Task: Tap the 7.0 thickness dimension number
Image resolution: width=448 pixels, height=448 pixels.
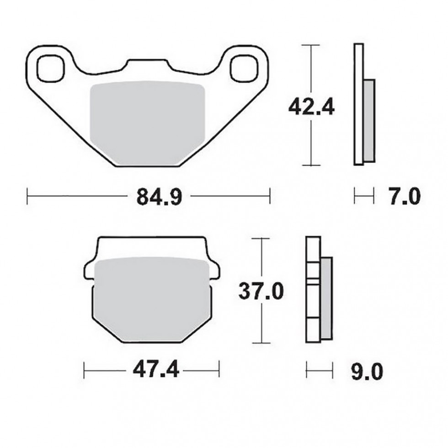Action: coord(403,197)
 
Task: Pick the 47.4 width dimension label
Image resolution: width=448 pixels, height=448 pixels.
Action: coord(152,369)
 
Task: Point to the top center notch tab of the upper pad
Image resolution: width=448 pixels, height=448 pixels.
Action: coord(149,65)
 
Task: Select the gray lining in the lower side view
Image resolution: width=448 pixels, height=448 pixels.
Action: coord(326,297)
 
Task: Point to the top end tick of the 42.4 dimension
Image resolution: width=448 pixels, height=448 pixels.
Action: coord(311,45)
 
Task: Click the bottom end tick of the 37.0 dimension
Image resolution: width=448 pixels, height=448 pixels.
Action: coord(261,343)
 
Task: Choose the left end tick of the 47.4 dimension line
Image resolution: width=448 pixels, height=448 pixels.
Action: coord(85,369)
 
